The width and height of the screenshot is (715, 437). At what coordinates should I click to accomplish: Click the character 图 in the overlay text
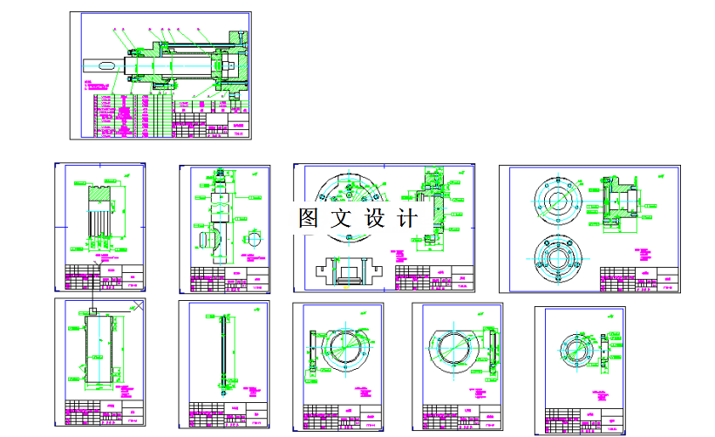tap(307, 218)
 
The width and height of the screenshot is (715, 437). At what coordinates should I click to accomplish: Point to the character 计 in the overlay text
tap(407, 218)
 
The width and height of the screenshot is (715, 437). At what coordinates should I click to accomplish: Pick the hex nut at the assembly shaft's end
tap(223, 65)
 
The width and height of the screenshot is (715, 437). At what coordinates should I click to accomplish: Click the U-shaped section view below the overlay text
tap(350, 270)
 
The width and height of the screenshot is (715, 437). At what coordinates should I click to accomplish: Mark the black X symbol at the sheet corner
tap(137, 305)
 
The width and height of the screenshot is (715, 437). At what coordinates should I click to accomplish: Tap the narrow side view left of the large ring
tap(310, 352)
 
